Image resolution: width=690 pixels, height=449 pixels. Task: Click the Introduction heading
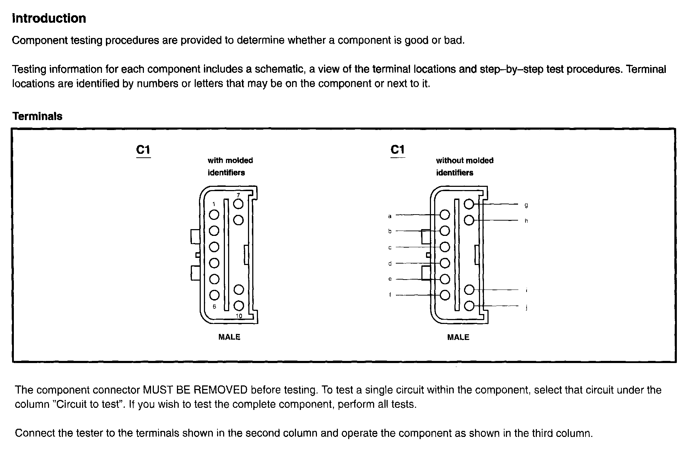coord(49,18)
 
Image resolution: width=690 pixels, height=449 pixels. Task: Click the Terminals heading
coord(37,116)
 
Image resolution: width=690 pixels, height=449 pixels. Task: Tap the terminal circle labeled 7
coord(238,204)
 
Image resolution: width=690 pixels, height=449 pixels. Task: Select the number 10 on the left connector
coord(239,316)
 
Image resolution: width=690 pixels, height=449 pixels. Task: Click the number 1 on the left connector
coord(214,204)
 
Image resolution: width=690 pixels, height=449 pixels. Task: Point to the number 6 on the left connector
coord(214,307)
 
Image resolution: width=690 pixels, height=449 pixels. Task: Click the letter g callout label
coord(526,205)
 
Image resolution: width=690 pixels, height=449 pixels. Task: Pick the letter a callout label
coord(390,216)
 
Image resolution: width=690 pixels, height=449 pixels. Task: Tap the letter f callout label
coord(390,295)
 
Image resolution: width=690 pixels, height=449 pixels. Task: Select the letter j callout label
coord(526,308)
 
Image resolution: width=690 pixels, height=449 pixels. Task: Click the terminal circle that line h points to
coord(469,221)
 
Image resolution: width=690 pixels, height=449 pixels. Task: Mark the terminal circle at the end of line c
coord(445,247)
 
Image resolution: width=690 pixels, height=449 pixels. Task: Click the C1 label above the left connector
coord(143,150)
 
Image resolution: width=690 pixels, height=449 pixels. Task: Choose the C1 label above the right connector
coord(398,150)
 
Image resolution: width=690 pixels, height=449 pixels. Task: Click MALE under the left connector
coord(229,337)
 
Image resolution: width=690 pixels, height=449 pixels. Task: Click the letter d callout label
coord(390,264)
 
